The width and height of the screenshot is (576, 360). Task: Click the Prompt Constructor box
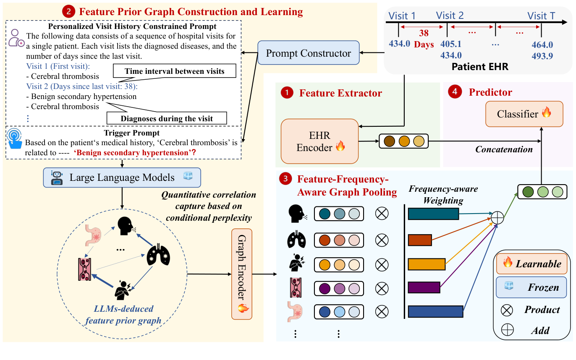point(309,53)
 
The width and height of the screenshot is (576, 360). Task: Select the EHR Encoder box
point(320,141)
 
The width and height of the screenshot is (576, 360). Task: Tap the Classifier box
point(524,114)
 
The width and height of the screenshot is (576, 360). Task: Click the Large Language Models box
point(122,177)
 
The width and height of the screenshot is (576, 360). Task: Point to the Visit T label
point(541,16)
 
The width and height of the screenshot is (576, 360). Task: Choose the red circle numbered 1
point(287,93)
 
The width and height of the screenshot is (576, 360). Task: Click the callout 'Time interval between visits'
point(174,71)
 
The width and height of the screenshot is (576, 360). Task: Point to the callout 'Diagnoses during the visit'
point(167,118)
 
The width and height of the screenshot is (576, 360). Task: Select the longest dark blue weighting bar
point(435,311)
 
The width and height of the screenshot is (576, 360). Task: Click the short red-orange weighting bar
point(420,240)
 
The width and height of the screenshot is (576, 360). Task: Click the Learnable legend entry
point(531,264)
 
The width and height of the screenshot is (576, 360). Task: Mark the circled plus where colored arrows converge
point(497,218)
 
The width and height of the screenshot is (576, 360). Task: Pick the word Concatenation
point(504,149)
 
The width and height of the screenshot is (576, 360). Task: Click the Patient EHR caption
point(480,66)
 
